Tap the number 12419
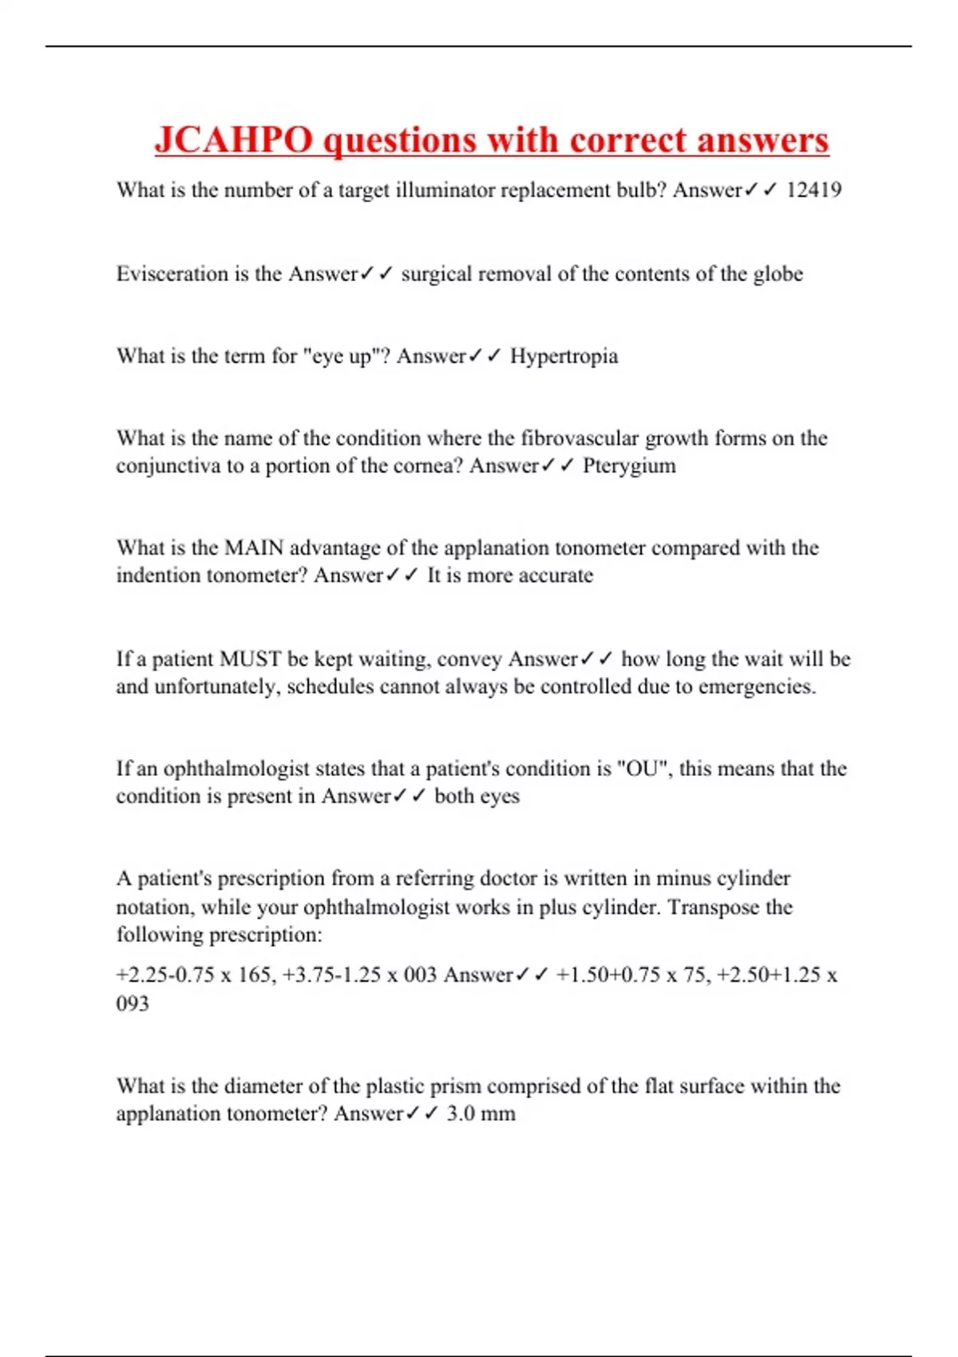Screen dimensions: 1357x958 (814, 190)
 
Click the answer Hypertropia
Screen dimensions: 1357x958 (564, 356)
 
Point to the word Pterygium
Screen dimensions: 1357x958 (629, 465)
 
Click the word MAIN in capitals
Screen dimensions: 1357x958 (254, 548)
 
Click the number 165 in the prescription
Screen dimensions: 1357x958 (255, 975)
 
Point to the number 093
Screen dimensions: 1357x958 (133, 1003)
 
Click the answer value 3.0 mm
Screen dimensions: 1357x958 (481, 1114)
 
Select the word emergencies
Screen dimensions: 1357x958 (757, 686)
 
